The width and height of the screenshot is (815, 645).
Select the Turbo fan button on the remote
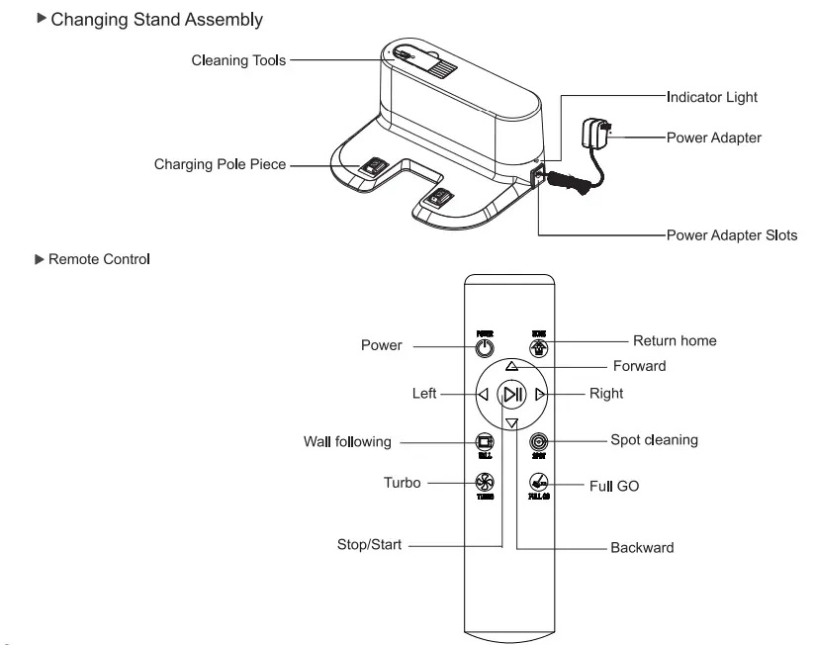pyautogui.click(x=484, y=483)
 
